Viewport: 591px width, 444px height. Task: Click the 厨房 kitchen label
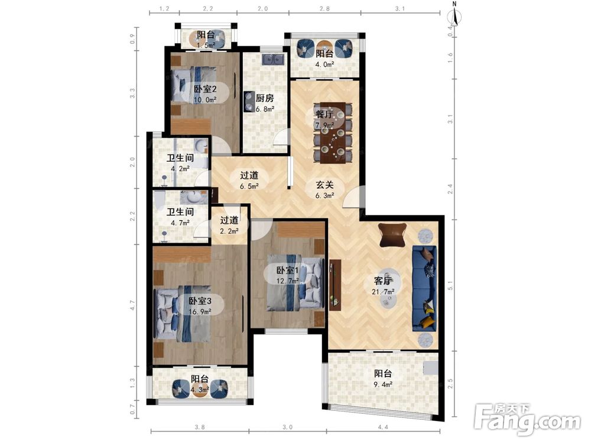coord(265,98)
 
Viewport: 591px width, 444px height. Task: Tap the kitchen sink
coord(273,59)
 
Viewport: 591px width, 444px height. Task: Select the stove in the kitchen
coord(249,102)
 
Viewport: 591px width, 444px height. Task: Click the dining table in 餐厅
coord(333,132)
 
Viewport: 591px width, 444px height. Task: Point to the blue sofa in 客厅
coord(424,288)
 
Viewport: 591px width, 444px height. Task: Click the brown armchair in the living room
coord(392,234)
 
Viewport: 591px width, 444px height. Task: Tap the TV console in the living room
coord(335,285)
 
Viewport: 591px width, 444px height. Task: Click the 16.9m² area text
coord(200,311)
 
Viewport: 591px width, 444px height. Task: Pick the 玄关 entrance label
coord(324,185)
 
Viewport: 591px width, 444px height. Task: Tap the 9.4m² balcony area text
coord(383,384)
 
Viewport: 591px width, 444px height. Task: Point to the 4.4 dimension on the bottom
coord(383,427)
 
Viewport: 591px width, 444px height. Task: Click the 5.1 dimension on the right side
coord(450,286)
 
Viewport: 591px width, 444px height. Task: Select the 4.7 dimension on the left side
coord(132,305)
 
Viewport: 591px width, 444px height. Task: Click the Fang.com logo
coord(527,420)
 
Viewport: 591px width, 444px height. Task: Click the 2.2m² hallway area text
coord(229,231)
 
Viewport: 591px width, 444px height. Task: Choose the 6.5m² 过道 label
coord(249,186)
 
